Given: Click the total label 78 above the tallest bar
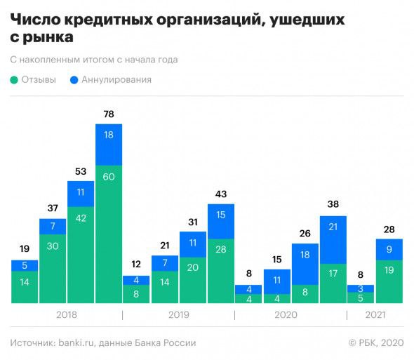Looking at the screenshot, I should click(x=109, y=114).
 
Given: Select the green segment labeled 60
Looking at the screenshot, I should click(x=109, y=234).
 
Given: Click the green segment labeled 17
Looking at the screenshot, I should click(x=333, y=284).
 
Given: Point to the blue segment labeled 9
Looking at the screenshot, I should click(x=389, y=249).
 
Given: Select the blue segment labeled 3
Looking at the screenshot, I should click(x=361, y=288).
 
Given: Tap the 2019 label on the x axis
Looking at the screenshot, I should click(x=178, y=316).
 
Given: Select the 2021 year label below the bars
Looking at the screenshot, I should click(x=376, y=316).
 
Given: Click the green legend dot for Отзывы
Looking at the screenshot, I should click(x=15, y=80).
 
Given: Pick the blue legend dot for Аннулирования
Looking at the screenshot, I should click(x=74, y=80).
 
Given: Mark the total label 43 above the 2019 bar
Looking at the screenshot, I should click(x=220, y=194).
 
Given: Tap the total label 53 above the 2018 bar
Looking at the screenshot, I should click(x=81, y=172).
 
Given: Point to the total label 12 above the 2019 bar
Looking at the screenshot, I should click(x=136, y=266).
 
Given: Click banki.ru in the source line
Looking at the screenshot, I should click(x=80, y=343).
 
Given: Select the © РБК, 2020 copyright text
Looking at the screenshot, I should click(x=376, y=343).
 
